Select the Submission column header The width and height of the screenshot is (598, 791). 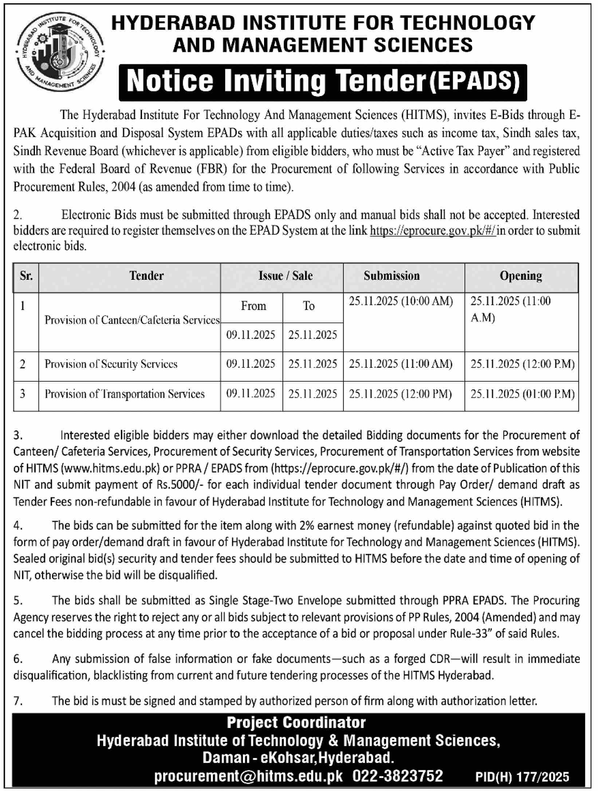click(392, 276)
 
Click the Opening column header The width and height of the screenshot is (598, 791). click(521, 276)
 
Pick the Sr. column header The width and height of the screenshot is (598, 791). click(26, 276)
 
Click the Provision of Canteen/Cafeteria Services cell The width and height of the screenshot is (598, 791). click(132, 320)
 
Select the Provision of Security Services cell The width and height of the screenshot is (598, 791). click(111, 364)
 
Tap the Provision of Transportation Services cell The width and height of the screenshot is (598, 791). click(125, 394)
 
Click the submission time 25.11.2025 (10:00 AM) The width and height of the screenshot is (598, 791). click(401, 302)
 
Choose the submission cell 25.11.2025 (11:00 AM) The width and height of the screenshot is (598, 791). click(401, 364)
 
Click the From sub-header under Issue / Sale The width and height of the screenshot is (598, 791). click(253, 306)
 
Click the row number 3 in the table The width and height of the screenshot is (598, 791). click(23, 394)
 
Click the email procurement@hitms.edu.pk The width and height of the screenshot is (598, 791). click(248, 776)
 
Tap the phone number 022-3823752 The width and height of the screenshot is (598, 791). click(398, 776)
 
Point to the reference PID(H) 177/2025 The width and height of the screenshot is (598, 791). click(522, 778)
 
